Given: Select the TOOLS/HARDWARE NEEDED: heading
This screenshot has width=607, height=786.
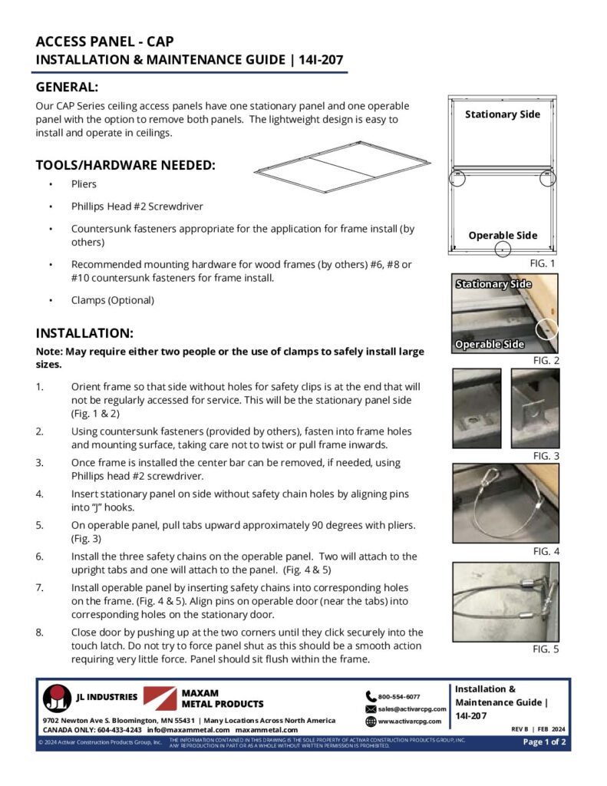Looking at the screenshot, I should [x=125, y=165].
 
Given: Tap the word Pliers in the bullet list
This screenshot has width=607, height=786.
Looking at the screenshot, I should [x=84, y=185].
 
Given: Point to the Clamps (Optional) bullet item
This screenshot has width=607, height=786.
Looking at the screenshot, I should [x=113, y=300].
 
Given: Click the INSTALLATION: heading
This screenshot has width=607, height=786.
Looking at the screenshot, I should [x=84, y=333].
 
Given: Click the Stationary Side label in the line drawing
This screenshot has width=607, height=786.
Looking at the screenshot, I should [x=503, y=114].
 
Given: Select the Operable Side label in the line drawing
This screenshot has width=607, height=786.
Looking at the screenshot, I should [x=503, y=236].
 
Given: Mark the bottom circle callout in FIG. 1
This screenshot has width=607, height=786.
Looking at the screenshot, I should [x=502, y=249].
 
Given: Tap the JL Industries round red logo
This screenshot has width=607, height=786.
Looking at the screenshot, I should [x=57, y=698].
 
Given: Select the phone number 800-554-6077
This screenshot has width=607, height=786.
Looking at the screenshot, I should [x=398, y=696].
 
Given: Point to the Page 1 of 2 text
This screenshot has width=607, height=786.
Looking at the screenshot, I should [x=545, y=741].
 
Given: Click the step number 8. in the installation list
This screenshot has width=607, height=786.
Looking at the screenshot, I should [x=40, y=632].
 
